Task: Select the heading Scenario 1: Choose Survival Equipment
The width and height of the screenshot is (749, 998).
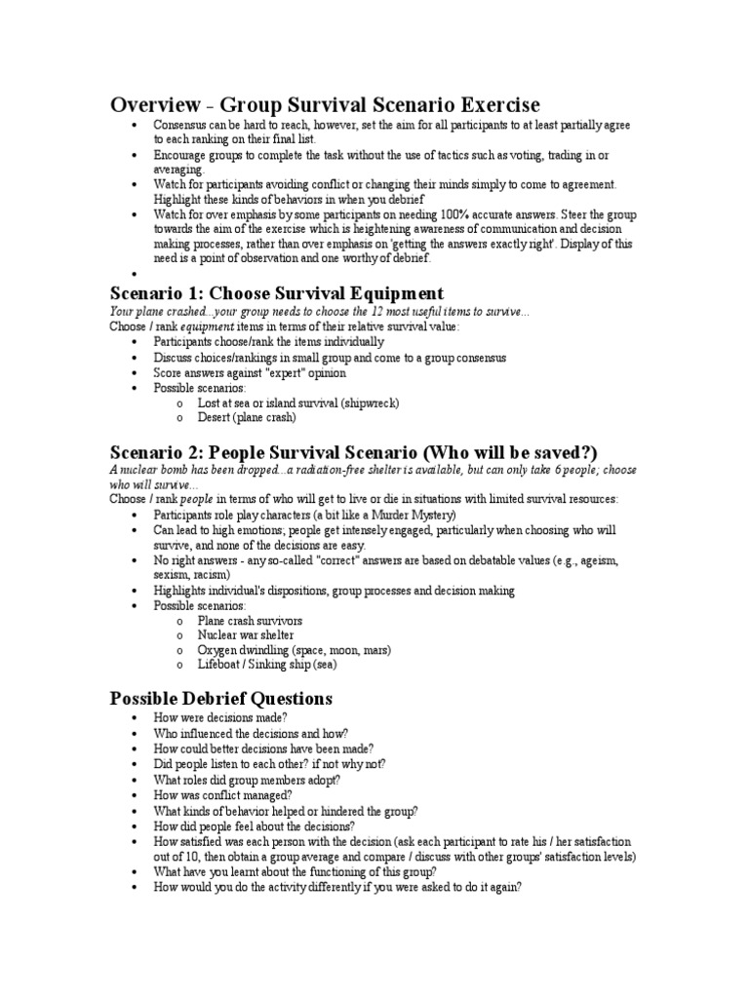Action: click(277, 292)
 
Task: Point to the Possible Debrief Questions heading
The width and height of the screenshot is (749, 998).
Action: click(221, 698)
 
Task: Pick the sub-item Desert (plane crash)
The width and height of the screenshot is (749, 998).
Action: click(246, 417)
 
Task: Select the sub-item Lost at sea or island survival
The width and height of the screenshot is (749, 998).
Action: click(298, 403)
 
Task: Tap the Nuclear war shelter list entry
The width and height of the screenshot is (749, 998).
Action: click(245, 634)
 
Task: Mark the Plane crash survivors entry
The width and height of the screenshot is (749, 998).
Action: click(250, 620)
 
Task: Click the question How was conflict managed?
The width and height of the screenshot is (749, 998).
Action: click(222, 795)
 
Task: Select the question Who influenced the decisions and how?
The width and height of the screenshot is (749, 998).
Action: click(251, 733)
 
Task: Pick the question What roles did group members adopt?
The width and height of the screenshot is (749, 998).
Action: click(247, 780)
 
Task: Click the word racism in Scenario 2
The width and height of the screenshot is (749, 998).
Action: click(212, 575)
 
